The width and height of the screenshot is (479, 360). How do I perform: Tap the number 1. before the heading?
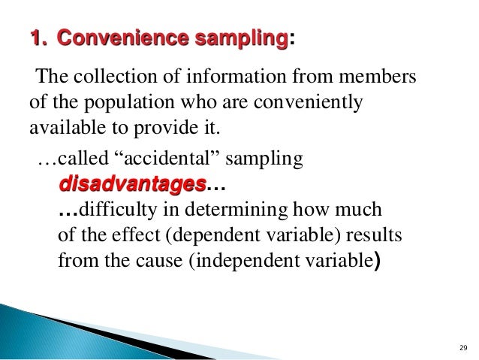click(38, 38)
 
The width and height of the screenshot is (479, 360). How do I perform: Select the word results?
click(376, 237)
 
